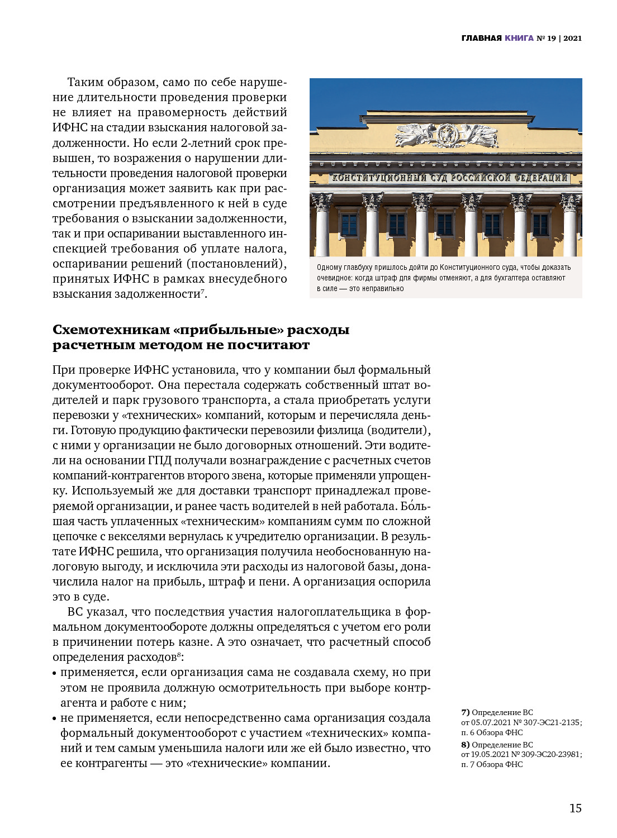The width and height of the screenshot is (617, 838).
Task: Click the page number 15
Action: click(575, 808)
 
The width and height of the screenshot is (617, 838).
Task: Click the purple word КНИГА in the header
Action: click(519, 39)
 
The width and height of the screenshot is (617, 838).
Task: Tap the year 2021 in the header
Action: click(572, 39)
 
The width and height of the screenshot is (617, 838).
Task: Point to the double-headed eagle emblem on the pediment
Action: click(446, 135)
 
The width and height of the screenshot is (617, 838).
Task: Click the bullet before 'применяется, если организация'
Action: click(55, 674)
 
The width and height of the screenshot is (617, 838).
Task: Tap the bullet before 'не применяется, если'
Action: click(55, 720)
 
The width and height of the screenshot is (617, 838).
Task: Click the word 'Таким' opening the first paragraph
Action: click(84, 82)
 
